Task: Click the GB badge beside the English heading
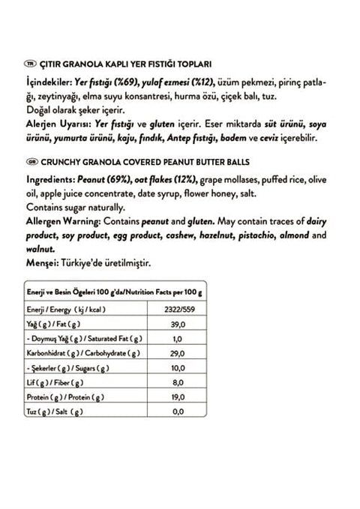click(31, 161)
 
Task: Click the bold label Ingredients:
click(49, 181)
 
